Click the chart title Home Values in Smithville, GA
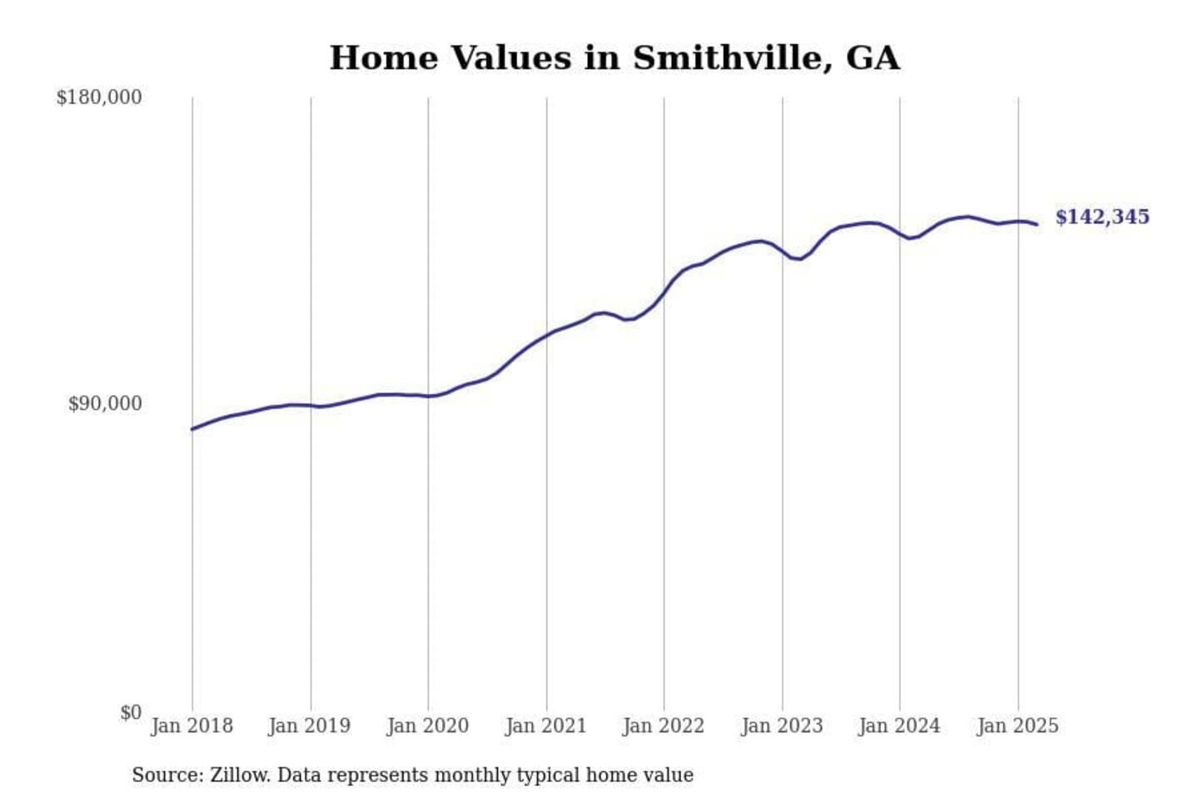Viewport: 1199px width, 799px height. tap(614, 58)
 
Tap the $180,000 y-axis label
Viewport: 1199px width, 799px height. tap(99, 97)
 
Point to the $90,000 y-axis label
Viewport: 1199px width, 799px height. tap(105, 404)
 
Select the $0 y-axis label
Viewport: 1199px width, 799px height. tap(131, 712)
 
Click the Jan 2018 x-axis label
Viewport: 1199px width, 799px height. tap(192, 726)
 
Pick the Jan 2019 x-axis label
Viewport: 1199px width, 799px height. tap(310, 726)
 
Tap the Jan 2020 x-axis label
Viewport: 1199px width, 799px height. tap(428, 726)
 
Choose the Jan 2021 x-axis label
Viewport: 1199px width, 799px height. tap(546, 726)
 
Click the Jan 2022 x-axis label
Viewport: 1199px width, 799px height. tap(664, 726)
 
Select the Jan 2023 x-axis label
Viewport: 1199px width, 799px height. tap(782, 726)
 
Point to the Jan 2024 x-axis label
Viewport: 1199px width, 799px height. tap(899, 726)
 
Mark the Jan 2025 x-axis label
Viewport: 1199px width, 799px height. tap(1017, 726)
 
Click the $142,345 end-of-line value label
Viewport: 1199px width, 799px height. tap(1102, 217)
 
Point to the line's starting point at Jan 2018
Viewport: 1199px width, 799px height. tap(192, 429)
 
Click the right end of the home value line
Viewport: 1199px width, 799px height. tap(1037, 224)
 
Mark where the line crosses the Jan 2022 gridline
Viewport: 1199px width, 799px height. tap(664, 292)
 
